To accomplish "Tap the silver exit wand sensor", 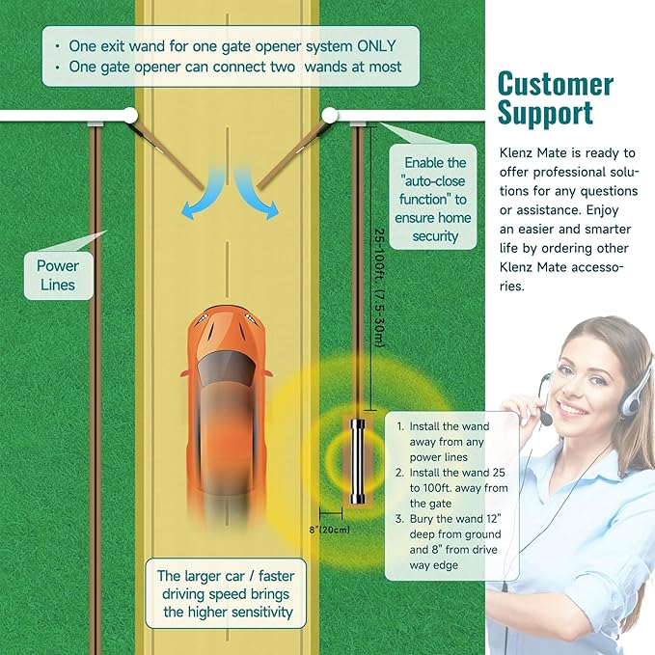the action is point(357,461).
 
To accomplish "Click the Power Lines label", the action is point(58,275).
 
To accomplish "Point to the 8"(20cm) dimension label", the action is point(330,530).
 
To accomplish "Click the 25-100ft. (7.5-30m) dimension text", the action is point(379,287).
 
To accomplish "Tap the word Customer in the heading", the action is point(556,84).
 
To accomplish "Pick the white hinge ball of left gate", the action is point(130,116).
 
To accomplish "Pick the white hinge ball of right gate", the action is point(330,116).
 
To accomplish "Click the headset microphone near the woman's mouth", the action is point(546,418).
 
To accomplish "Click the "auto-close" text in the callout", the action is point(433,181).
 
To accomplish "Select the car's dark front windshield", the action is point(226,368).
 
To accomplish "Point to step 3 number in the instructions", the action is point(399,519).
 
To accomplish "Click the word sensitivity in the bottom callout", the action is point(262,612).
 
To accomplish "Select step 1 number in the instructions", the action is point(400,426).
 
